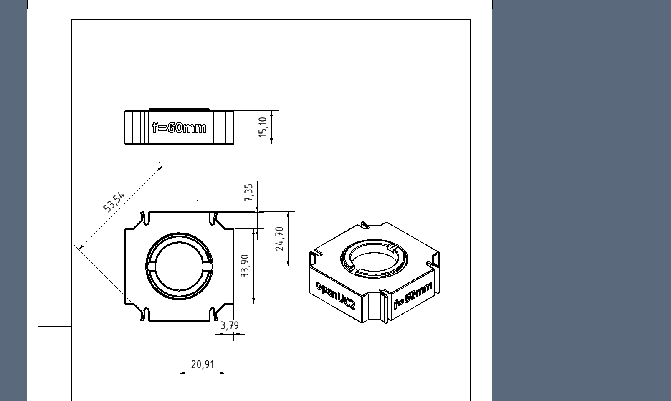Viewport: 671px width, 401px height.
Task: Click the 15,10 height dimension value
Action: point(263,127)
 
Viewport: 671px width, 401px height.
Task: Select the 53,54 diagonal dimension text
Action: point(114,202)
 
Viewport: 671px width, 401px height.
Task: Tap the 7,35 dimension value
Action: point(248,193)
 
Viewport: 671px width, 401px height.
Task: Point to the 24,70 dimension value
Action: point(279,239)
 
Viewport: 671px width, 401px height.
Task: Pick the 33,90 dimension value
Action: point(245,266)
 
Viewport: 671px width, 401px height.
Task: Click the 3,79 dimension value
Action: point(230,325)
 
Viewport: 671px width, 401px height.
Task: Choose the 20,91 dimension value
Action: point(203,365)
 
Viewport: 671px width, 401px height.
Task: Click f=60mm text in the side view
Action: point(179,127)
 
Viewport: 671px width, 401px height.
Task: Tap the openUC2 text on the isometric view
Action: point(335,295)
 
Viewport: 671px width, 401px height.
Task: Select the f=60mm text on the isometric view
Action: point(413,295)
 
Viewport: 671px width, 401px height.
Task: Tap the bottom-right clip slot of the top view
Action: point(214,314)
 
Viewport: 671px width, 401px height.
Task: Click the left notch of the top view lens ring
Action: point(151,266)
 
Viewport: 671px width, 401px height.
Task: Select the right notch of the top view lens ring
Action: point(208,266)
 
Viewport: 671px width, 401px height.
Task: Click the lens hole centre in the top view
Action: point(179,266)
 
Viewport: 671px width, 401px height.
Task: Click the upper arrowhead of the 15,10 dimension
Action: point(272,113)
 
